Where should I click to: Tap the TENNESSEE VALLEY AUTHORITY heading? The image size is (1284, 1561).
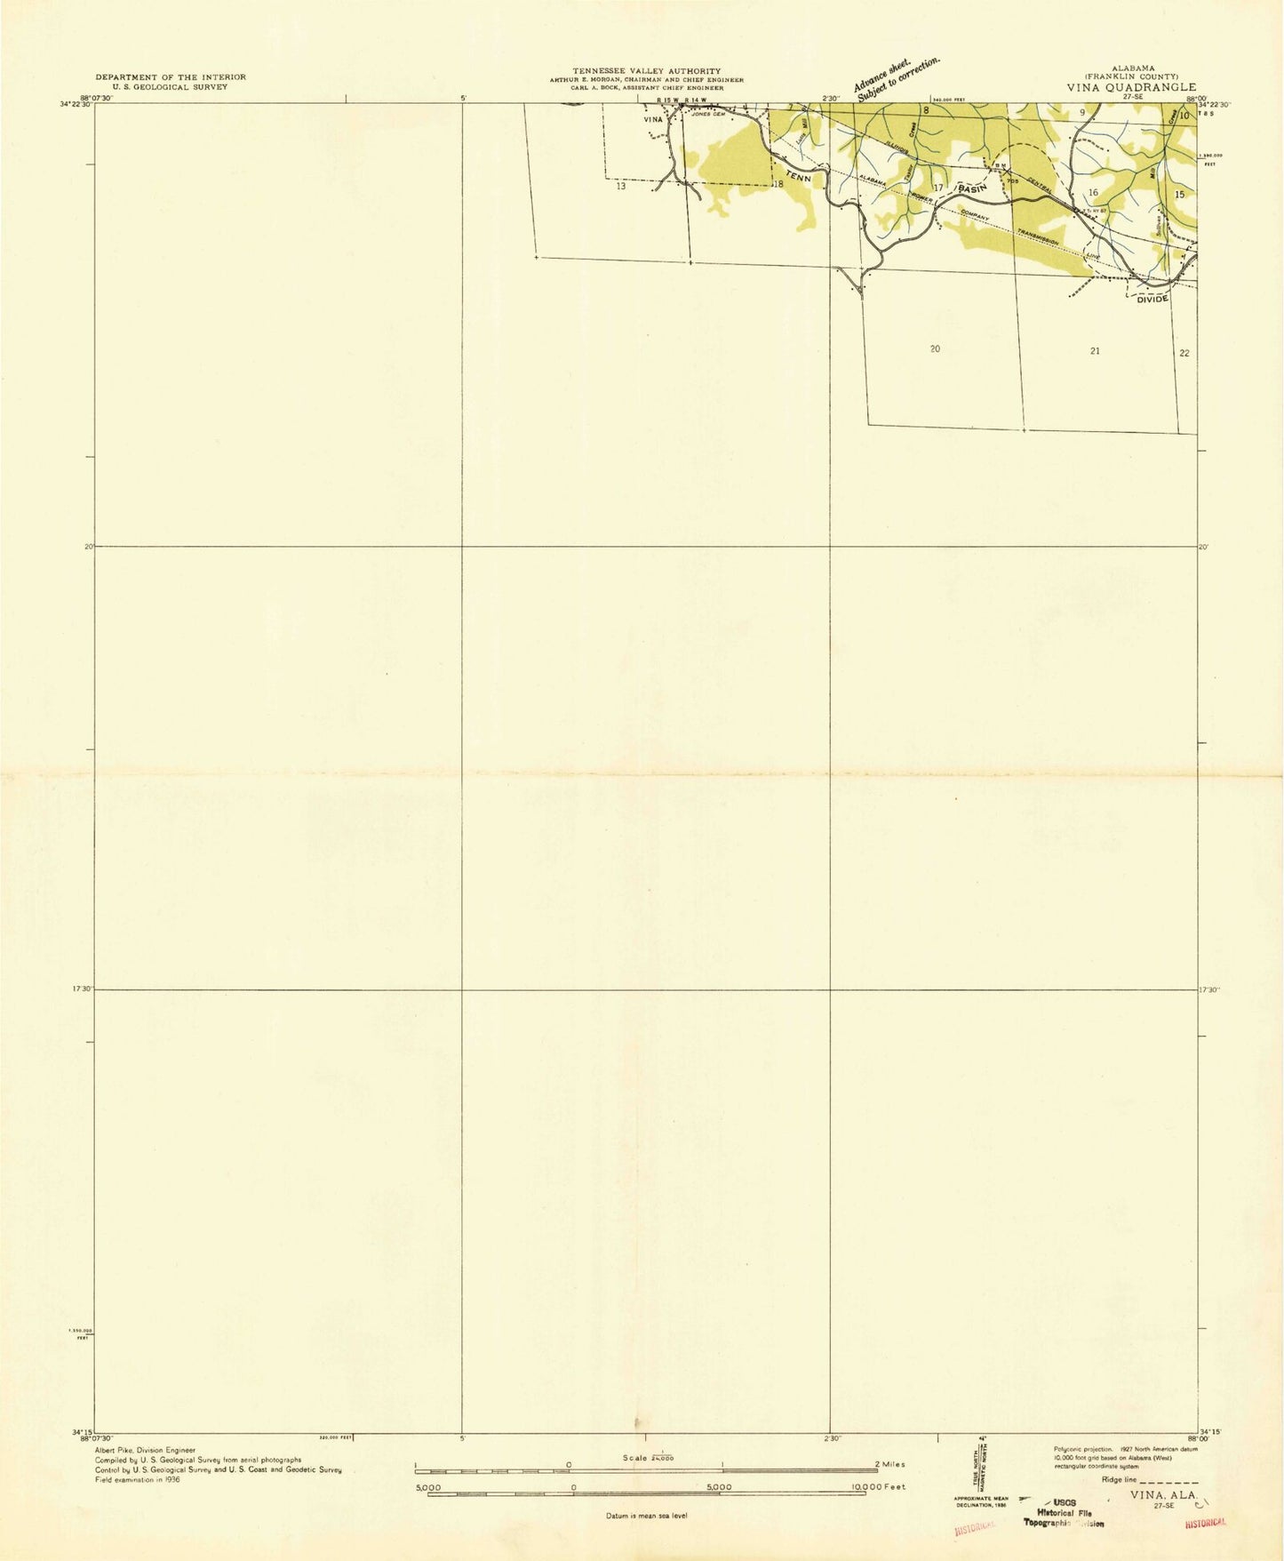click(646, 71)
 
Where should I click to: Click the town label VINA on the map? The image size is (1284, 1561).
click(653, 119)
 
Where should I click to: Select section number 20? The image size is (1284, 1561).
click(934, 349)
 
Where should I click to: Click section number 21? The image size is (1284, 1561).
click(1095, 351)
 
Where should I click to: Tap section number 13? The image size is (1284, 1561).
click(620, 186)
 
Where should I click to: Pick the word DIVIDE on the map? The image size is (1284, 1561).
click(1152, 300)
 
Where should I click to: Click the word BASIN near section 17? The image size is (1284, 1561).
click(971, 188)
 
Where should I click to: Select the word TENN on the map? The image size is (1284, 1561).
click(799, 179)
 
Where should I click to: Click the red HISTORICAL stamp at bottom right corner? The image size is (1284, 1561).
click(1205, 1523)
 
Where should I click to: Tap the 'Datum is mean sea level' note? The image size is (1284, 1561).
click(646, 1515)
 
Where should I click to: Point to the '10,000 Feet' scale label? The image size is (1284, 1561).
click(878, 1486)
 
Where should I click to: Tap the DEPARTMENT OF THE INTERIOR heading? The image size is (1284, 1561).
click(171, 77)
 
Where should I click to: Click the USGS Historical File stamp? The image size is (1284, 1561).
click(1065, 1513)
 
